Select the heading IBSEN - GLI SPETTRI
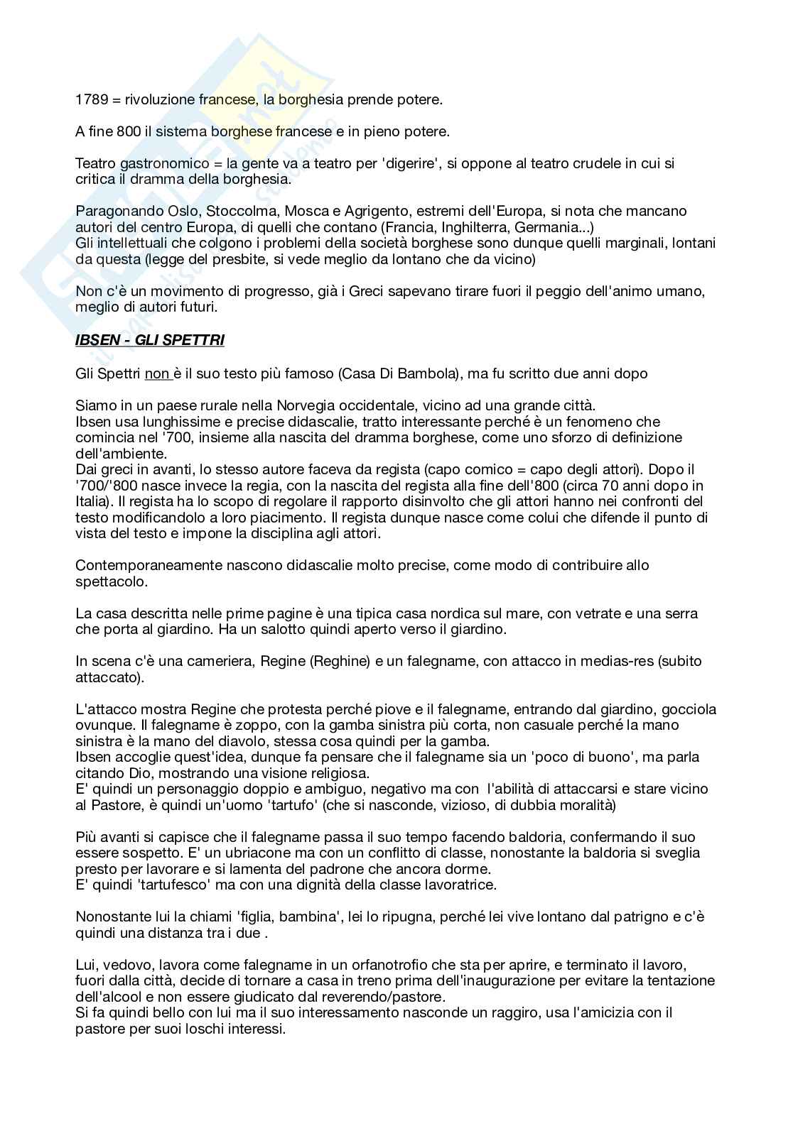coord(149,340)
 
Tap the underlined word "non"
coord(157,373)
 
